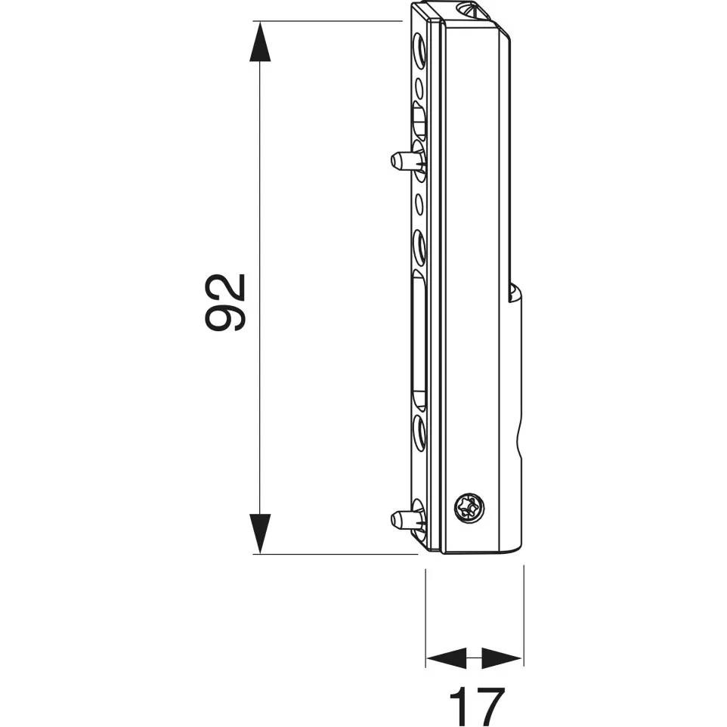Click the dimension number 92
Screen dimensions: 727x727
coord(225,302)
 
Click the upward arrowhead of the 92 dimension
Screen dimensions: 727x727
coord(260,42)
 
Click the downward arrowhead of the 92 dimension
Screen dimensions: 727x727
coord(260,534)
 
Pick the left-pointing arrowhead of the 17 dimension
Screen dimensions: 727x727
coord(446,658)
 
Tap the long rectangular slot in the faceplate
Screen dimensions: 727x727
coord(419,341)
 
